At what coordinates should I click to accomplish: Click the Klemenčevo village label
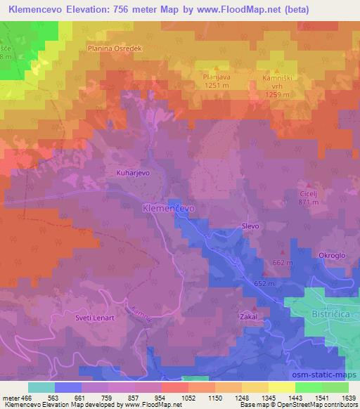point(169,209)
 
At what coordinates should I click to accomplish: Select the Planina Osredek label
point(115,48)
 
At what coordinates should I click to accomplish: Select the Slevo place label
point(251,226)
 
